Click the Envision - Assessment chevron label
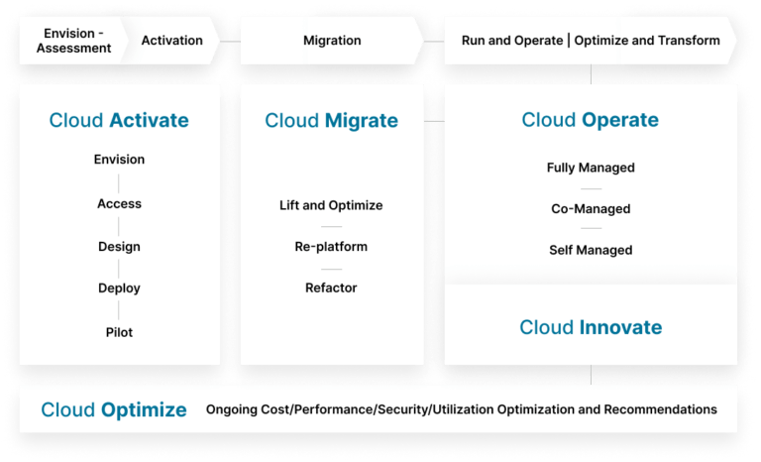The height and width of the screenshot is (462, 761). (x=73, y=41)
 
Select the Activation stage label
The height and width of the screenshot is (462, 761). (x=171, y=41)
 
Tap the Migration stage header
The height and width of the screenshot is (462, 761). (x=332, y=41)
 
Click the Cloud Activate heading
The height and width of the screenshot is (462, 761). (x=119, y=120)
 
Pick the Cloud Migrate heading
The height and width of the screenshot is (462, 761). (x=331, y=121)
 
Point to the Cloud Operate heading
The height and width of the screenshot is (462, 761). (x=591, y=120)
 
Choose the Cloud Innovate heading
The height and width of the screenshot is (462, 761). (x=591, y=327)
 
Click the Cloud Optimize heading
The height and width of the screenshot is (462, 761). (x=114, y=409)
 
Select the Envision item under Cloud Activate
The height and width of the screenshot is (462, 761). (x=119, y=160)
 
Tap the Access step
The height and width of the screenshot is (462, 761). (x=119, y=203)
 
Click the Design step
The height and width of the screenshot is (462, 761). (x=119, y=246)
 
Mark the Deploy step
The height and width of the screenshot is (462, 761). (x=119, y=289)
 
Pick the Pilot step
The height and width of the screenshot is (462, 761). (x=119, y=332)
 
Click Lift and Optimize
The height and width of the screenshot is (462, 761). (x=331, y=205)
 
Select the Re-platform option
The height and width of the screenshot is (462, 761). (x=331, y=247)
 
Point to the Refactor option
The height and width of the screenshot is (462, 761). (x=331, y=288)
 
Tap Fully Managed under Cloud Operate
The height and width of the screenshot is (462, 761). (x=591, y=168)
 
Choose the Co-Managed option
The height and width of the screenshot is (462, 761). (x=591, y=209)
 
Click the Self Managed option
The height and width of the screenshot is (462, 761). (x=591, y=250)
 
